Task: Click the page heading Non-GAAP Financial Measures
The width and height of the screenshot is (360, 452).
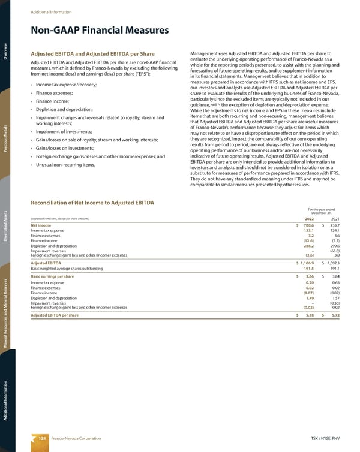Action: (x=100, y=30)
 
